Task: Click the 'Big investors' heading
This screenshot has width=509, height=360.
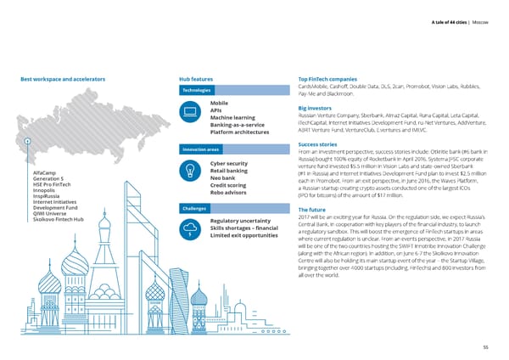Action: [x=315, y=109]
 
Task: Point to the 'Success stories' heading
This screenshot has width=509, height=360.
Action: [x=319, y=144]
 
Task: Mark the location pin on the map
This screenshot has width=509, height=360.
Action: [x=27, y=142]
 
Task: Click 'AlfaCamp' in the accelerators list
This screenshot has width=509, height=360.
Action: [x=44, y=172]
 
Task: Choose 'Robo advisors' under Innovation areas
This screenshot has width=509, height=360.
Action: [x=229, y=193]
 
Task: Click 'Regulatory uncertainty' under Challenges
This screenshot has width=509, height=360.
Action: [x=245, y=221]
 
